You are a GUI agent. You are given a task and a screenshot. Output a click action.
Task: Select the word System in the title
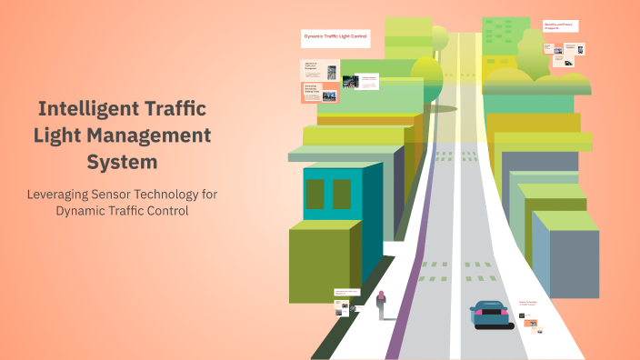tap(122, 163)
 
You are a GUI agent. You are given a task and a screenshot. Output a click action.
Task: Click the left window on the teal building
tap(315, 194)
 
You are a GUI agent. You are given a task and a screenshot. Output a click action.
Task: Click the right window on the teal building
tap(342, 194)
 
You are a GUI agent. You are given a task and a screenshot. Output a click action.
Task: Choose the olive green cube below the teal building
tap(319, 265)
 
